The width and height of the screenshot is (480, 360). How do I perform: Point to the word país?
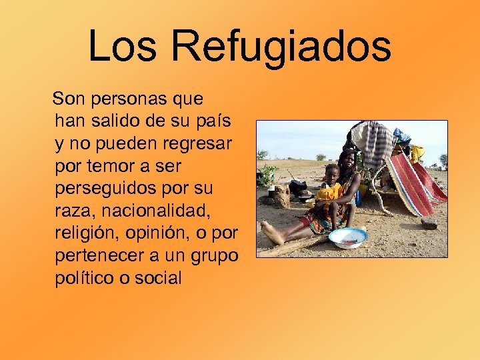click(218, 121)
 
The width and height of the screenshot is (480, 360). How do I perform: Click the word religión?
click(85, 234)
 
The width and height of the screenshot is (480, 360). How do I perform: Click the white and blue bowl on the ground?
click(348, 237)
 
